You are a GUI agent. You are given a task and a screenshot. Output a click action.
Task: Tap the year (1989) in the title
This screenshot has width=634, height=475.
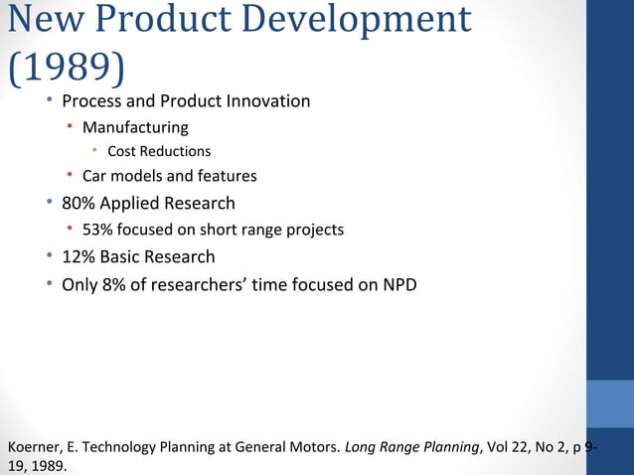[x=66, y=66]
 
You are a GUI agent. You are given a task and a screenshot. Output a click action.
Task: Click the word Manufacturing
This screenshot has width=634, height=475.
[x=135, y=127]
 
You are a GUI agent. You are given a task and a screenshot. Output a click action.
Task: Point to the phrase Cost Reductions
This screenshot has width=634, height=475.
[x=159, y=151]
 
